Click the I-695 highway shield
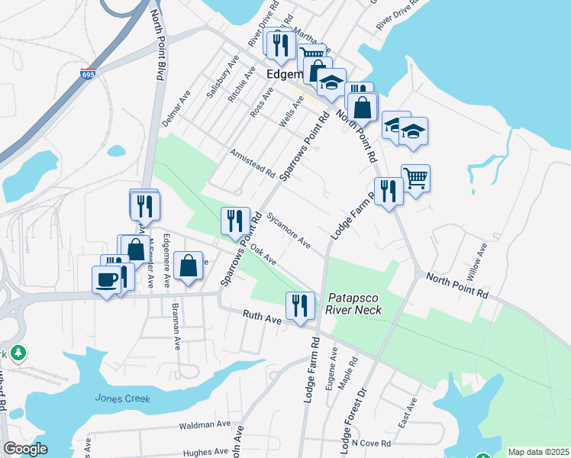point(88,74)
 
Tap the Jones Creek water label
point(123,398)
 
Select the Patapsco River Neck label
point(353,304)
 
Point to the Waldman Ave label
point(204,424)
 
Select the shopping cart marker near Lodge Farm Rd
point(415,179)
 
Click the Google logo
point(25,449)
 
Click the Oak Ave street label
point(264,255)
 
